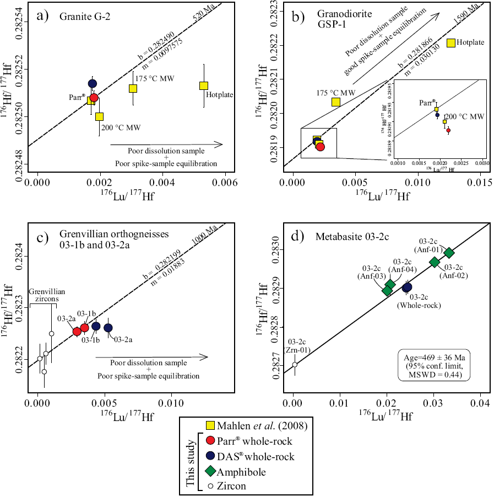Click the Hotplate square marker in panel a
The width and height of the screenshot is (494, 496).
[x=204, y=86]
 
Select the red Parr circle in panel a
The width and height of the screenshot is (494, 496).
[x=94, y=98]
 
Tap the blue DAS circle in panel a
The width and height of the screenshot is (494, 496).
[x=93, y=84]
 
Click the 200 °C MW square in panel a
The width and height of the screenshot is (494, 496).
[x=99, y=116]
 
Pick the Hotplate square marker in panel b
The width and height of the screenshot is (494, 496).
[x=450, y=43]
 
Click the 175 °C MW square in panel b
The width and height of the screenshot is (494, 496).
[x=335, y=102]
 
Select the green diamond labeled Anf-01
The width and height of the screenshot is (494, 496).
[x=449, y=253]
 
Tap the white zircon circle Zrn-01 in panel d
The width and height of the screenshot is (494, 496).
[x=295, y=365]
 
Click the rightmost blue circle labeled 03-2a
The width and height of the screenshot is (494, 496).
[x=108, y=328]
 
